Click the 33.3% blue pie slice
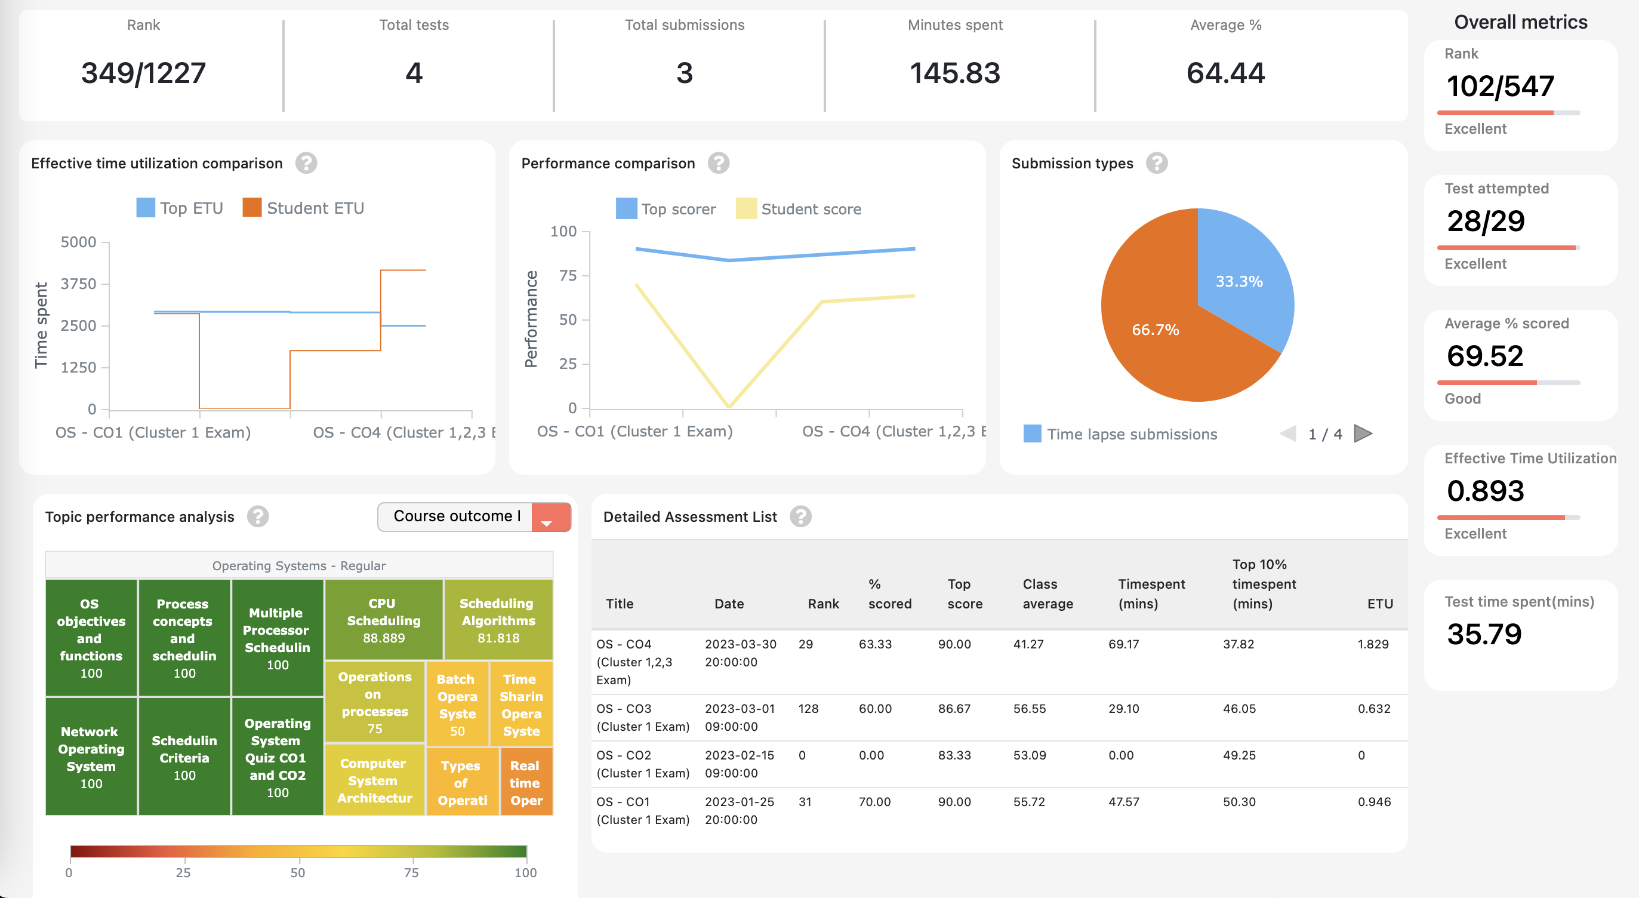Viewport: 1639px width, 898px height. click(1240, 281)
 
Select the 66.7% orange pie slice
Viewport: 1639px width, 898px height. click(1155, 330)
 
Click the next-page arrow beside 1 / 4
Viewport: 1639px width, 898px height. click(1363, 434)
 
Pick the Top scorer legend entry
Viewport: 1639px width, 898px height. click(666, 209)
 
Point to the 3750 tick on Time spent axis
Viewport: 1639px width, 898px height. click(78, 284)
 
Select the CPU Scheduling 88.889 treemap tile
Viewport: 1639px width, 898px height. click(384, 620)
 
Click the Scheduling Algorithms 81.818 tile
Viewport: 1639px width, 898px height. click(498, 620)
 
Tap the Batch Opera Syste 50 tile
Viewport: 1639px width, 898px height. click(457, 705)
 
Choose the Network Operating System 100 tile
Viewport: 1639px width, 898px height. click(91, 756)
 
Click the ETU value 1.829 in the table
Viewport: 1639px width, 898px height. click(1372, 644)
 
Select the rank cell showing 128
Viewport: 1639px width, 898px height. click(808, 708)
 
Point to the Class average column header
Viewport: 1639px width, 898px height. click(1048, 593)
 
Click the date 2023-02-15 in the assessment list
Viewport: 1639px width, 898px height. click(740, 755)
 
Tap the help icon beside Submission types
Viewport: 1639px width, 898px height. click(1156, 164)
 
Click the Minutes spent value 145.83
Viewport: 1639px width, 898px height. click(954, 73)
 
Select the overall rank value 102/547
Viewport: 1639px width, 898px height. click(1500, 86)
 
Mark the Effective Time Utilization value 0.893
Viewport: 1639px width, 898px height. click(1485, 491)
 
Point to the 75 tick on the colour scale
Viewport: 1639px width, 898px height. click(412, 872)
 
